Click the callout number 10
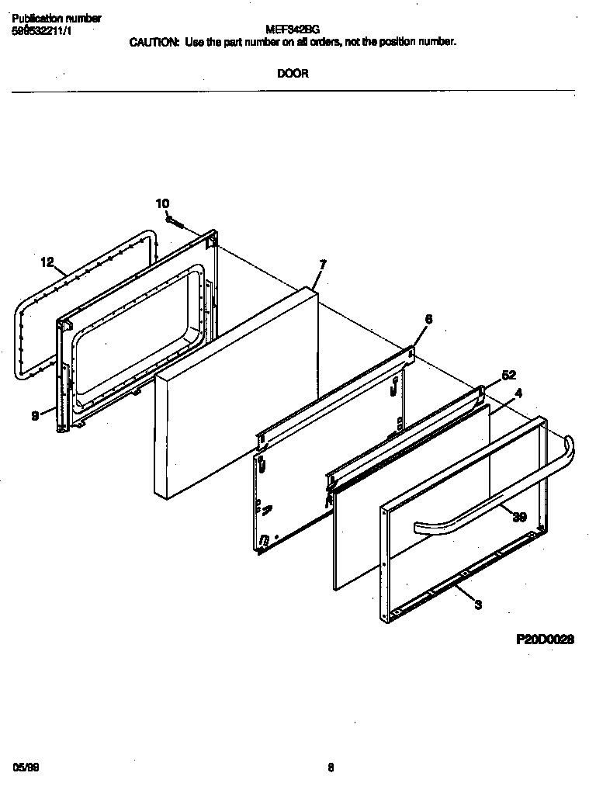pos(162,203)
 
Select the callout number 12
pos(47,262)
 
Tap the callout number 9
pos(35,416)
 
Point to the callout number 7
pos(323,265)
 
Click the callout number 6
pos(428,319)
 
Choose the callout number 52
pos(509,375)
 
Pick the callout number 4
pos(518,393)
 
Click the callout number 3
pos(478,605)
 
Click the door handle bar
pos(497,497)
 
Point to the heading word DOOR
pos(293,74)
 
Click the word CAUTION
pos(154,42)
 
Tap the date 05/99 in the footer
pos(26,767)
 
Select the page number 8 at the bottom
pos(330,768)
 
